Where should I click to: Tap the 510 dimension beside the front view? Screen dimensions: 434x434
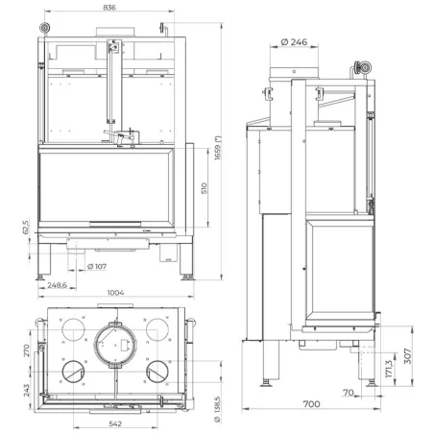(204, 189)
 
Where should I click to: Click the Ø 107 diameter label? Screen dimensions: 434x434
(96, 266)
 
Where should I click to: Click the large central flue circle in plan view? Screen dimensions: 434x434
(115, 343)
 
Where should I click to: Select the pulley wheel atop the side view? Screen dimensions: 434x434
(363, 68)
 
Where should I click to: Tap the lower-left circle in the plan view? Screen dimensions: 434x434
(73, 372)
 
